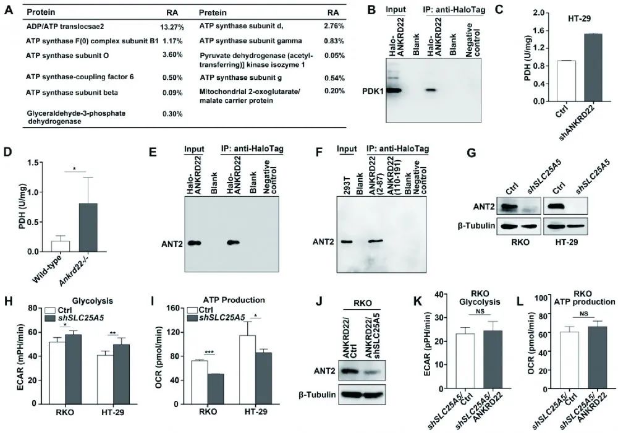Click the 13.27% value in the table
coord(169,27)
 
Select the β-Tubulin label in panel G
coord(475,226)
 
